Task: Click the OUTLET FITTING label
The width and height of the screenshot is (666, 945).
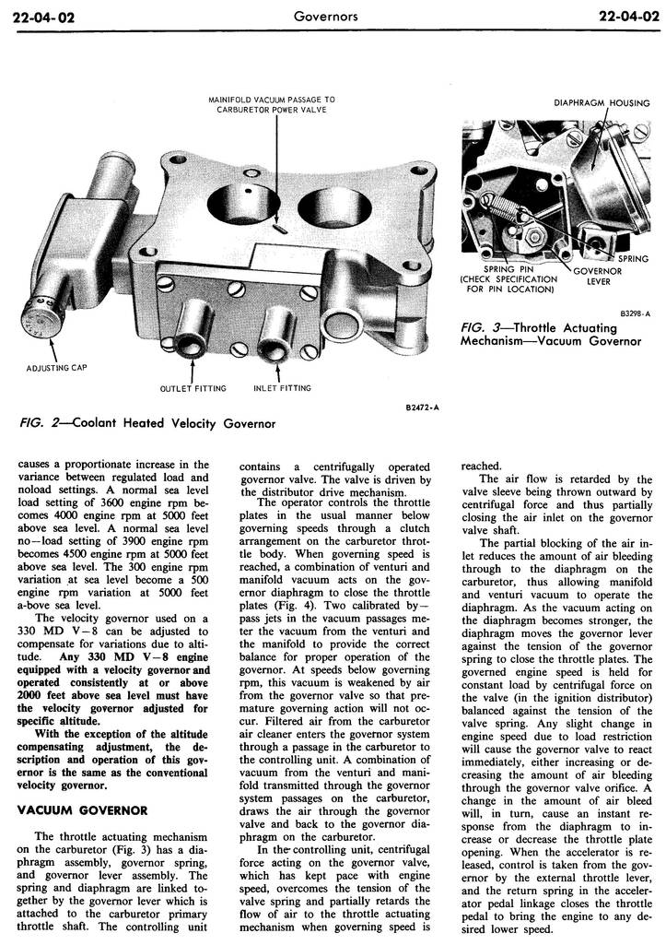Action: click(193, 388)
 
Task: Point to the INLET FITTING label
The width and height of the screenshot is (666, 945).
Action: click(282, 388)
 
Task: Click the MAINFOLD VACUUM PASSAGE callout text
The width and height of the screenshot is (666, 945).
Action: click(272, 103)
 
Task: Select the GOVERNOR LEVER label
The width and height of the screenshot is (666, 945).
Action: click(598, 277)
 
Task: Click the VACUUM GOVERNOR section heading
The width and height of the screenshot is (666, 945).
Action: click(83, 809)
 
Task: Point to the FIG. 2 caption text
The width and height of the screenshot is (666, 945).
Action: click(147, 423)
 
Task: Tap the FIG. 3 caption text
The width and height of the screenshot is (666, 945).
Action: click(550, 334)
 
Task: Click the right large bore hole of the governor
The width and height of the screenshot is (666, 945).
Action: click(319, 202)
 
